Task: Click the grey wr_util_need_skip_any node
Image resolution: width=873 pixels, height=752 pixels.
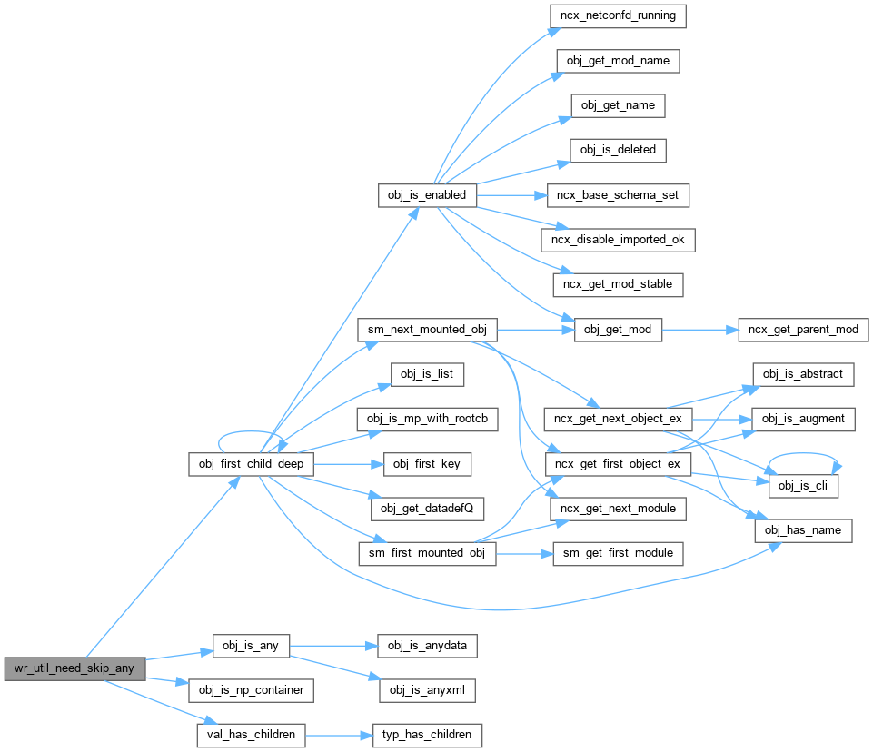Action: (74, 669)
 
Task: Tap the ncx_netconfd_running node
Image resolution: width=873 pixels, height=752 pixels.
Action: (617, 16)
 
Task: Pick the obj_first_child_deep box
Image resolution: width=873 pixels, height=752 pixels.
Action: (251, 463)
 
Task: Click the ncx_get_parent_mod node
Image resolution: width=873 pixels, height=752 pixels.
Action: (803, 329)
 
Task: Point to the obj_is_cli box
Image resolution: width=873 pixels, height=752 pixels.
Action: (800, 485)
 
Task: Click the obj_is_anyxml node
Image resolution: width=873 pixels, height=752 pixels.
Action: (426, 689)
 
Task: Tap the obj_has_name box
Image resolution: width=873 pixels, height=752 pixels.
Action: (803, 530)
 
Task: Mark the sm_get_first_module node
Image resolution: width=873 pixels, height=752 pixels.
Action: (618, 552)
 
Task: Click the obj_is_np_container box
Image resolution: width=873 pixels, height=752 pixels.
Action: (251, 689)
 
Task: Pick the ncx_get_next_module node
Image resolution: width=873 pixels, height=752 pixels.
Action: (618, 508)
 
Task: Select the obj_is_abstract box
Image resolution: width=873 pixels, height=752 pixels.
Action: (802, 373)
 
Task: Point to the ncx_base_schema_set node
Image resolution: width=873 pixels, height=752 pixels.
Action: (617, 194)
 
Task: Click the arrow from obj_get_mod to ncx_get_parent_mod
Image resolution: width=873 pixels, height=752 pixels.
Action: (699, 329)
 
